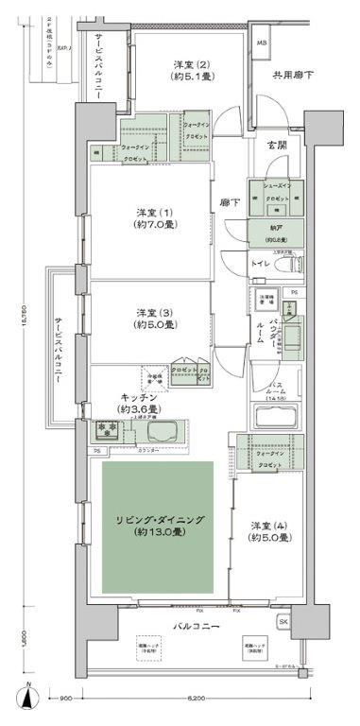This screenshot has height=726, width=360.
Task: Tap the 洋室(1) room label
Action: tap(145, 211)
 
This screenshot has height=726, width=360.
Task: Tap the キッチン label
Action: tap(137, 398)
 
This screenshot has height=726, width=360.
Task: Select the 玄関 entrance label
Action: tap(275, 145)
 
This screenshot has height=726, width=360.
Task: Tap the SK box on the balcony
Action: tap(283, 621)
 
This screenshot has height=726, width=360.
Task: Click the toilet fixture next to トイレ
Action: tap(291, 263)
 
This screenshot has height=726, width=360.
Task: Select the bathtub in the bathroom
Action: tap(278, 418)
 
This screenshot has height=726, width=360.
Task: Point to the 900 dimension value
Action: tap(63, 699)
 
